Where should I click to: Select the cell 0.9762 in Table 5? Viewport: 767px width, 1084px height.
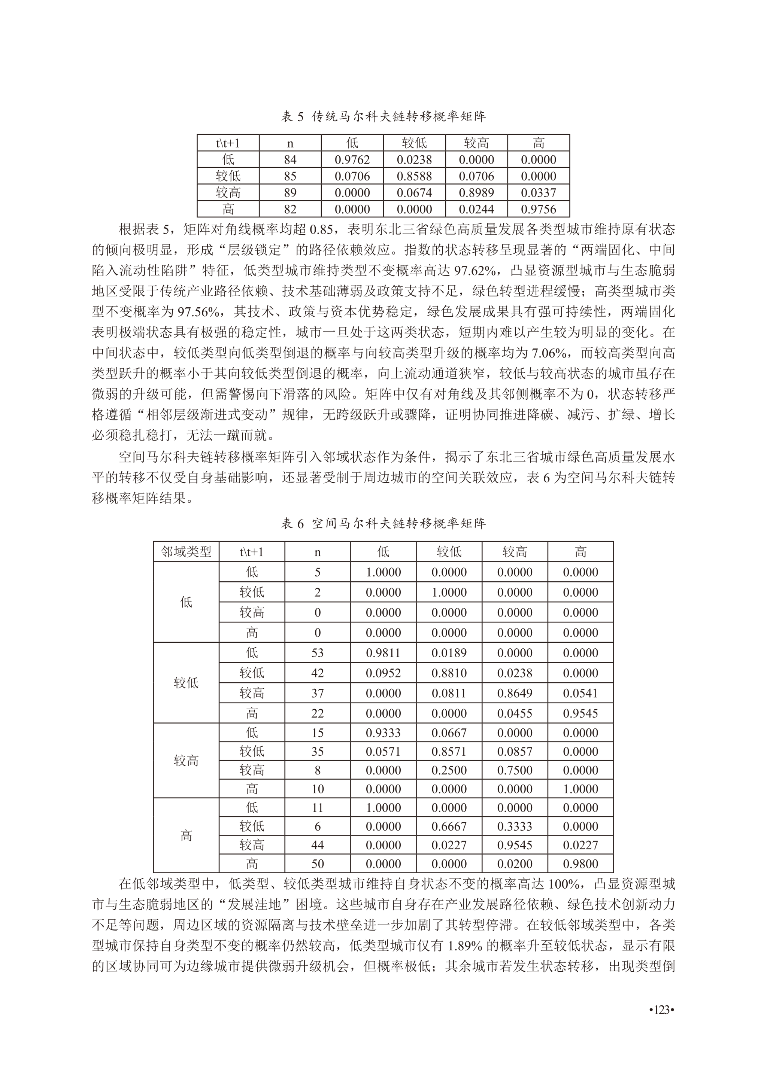pos(352,159)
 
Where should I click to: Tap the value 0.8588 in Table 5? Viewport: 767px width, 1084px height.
pos(414,176)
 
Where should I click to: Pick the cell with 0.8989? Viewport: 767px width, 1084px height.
pos(476,193)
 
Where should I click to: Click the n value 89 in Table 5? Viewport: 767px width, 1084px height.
pos(290,193)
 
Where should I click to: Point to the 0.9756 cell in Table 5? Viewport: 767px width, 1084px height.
pos(539,209)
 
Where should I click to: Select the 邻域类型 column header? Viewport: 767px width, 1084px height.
pos(186,551)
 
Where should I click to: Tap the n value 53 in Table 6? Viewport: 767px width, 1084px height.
pos(317,653)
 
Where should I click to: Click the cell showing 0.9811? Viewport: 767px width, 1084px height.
pos(383,653)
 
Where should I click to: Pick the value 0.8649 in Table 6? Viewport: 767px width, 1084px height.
pos(515,693)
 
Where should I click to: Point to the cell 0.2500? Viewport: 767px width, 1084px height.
pos(449,770)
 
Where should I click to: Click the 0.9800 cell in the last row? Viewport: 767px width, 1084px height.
pos(580,864)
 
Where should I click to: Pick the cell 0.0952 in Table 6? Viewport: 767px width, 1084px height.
pos(383,673)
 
